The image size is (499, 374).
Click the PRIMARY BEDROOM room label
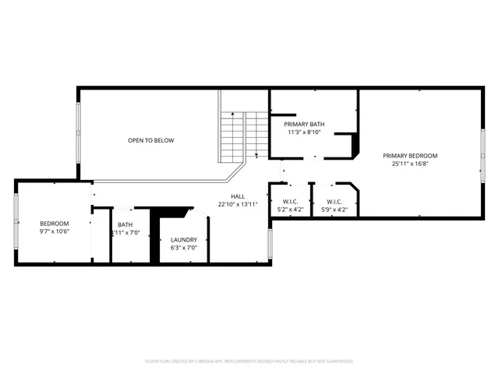[409, 155]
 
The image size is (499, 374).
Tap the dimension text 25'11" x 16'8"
[409, 164]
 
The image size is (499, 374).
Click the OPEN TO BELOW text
[150, 140]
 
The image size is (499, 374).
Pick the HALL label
[237, 196]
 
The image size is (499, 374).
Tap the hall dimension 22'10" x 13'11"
[237, 205]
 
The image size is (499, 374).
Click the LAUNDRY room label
[184, 239]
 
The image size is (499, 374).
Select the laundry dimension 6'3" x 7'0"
[184, 248]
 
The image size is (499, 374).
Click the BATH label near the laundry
[125, 224]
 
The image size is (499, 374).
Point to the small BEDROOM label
[55, 224]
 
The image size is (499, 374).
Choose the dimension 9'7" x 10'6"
[55, 231]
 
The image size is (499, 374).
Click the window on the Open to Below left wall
[78, 132]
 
